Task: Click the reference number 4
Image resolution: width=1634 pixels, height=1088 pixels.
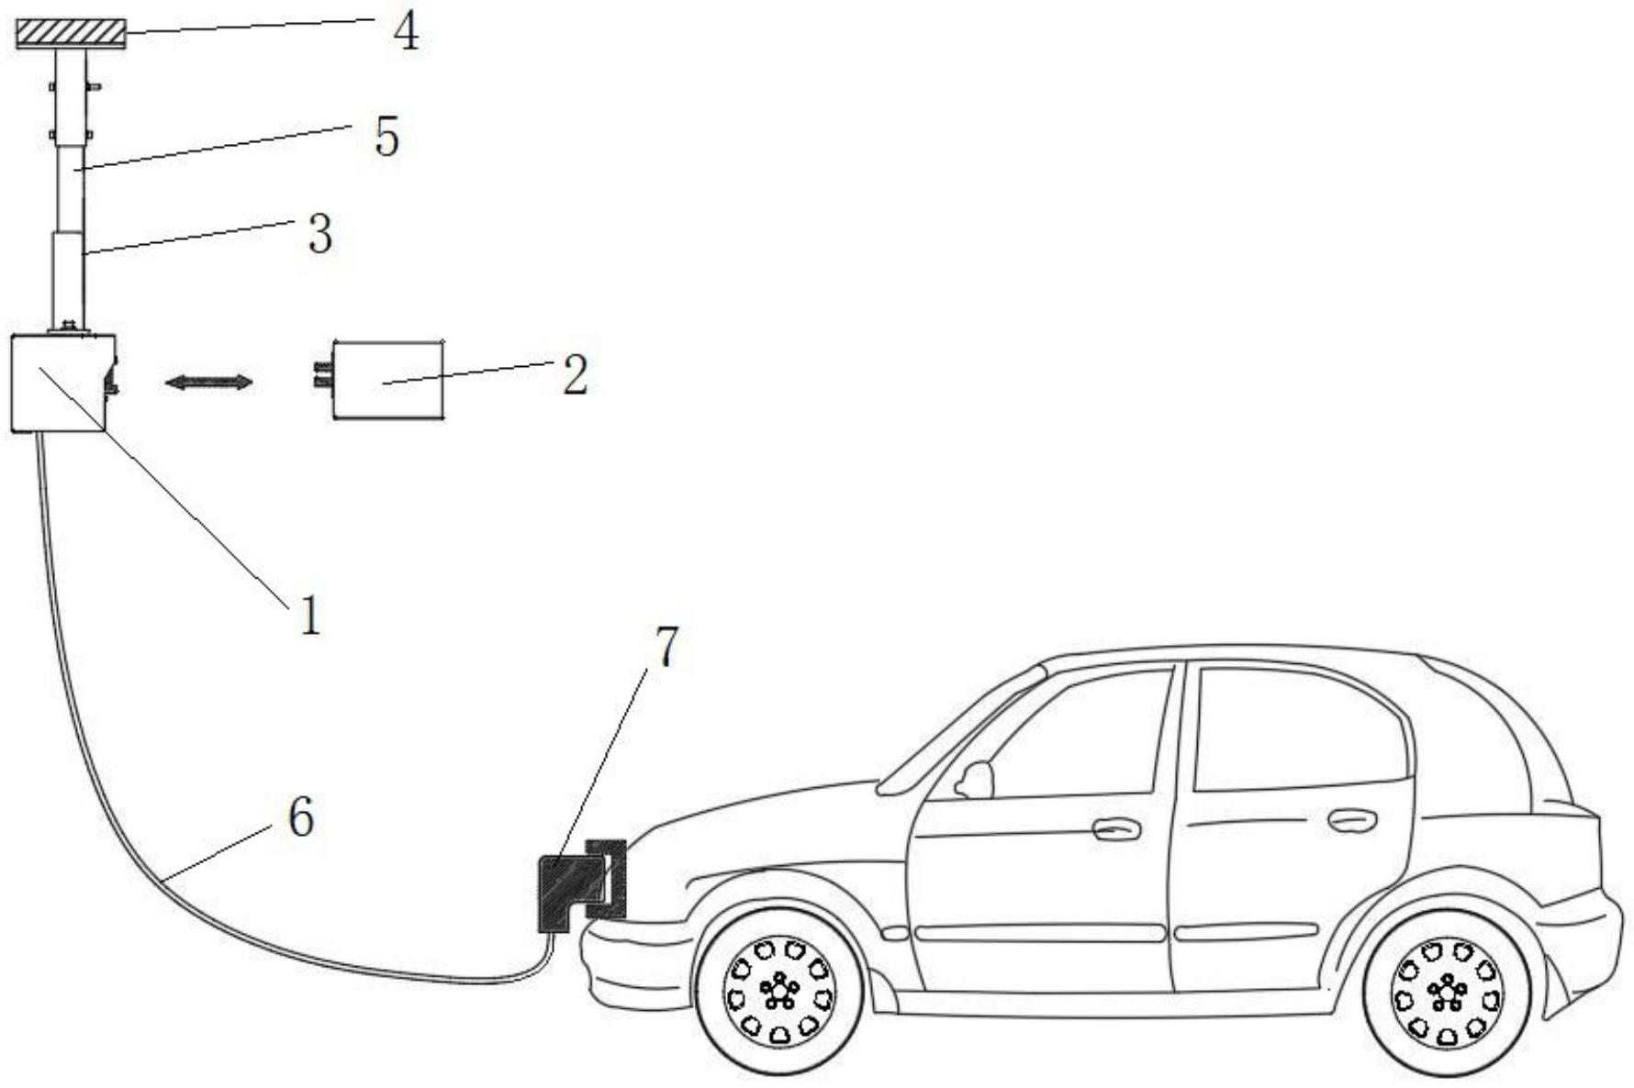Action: click(x=405, y=32)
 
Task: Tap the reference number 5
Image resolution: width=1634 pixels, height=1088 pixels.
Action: click(x=386, y=139)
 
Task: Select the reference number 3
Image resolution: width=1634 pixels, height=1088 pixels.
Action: click(x=319, y=235)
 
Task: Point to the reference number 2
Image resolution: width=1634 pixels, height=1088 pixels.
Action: click(x=574, y=376)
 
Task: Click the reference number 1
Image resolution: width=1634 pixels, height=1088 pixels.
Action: click(x=310, y=616)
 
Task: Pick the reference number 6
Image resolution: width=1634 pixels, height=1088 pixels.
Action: click(x=300, y=816)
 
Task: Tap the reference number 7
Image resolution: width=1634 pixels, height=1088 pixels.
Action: click(x=666, y=648)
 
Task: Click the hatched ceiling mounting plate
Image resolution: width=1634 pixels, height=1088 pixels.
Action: click(x=72, y=35)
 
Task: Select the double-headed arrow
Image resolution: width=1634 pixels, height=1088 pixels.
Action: click(x=207, y=382)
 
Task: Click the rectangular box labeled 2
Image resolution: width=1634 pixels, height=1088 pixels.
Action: click(x=388, y=381)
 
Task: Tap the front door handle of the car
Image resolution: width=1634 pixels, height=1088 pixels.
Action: click(x=1116, y=829)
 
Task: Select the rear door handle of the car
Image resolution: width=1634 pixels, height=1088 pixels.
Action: click(x=1352, y=819)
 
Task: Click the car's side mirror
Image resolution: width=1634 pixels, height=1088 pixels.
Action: click(x=975, y=780)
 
